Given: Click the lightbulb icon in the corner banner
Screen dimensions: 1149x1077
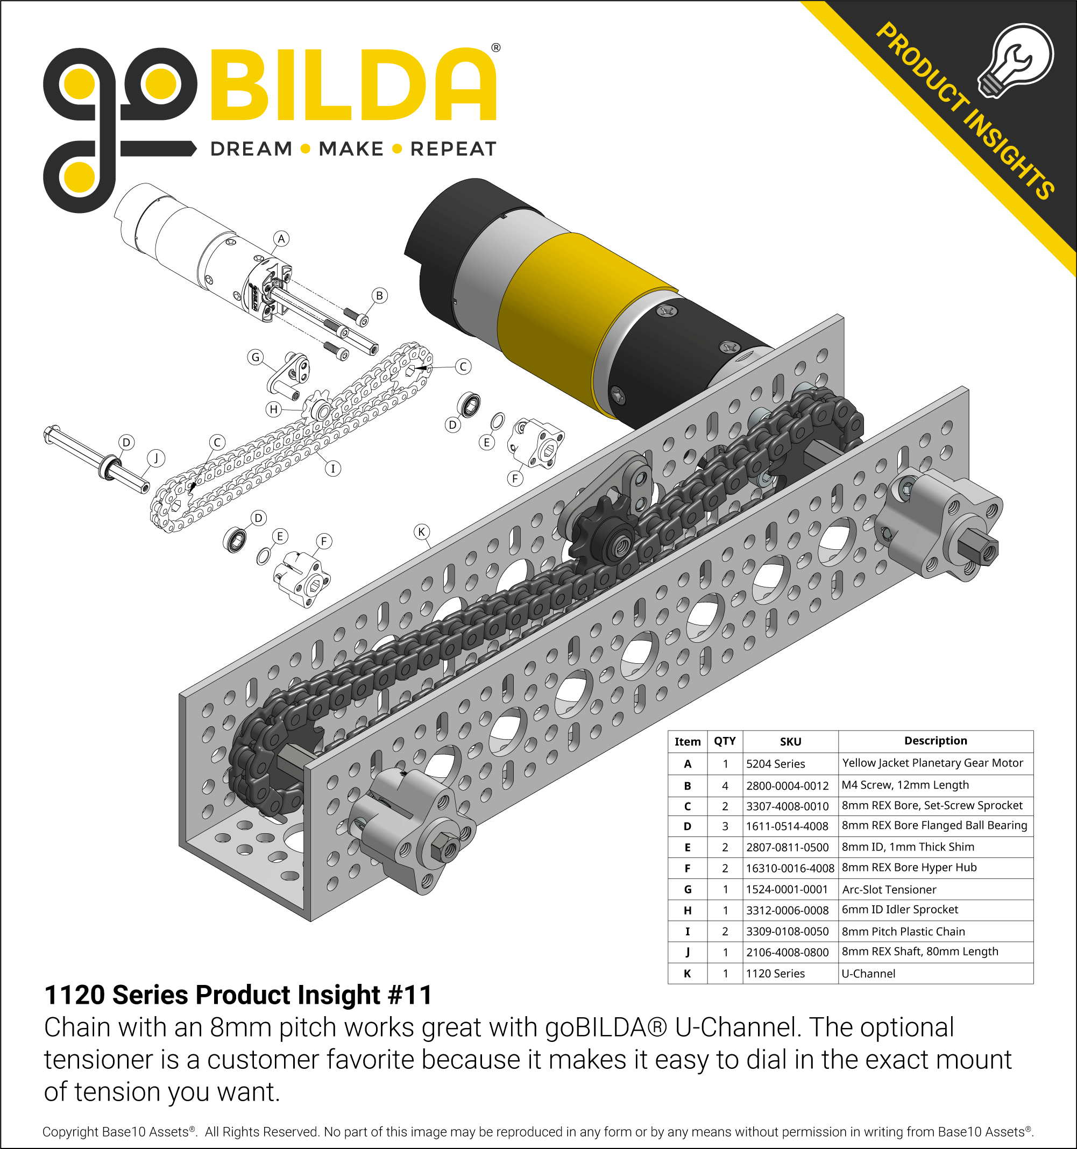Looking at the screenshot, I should tap(1015, 61).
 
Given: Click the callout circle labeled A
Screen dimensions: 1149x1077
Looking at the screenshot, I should tap(281, 239).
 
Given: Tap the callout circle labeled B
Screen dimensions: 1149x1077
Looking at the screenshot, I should tap(379, 295).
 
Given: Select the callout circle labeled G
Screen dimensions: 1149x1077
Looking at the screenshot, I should tap(256, 357).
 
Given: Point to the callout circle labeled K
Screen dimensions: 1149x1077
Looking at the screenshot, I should tap(421, 531).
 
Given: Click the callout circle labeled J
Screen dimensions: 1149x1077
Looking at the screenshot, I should tap(155, 458).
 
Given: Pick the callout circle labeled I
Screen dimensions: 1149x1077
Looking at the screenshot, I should tap(332, 468).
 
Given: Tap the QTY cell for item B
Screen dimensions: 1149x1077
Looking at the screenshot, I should tap(725, 785).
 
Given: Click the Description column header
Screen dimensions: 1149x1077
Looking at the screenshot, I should tap(935, 740).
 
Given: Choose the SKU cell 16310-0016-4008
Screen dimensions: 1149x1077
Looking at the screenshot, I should tap(790, 868).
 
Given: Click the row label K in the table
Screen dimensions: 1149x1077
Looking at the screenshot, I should tap(687, 973).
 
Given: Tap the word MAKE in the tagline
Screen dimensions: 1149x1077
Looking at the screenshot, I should tap(351, 149).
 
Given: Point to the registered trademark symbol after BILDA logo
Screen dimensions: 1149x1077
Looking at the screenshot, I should tap(495, 48).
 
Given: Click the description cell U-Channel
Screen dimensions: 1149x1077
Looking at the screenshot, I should tap(868, 973).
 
